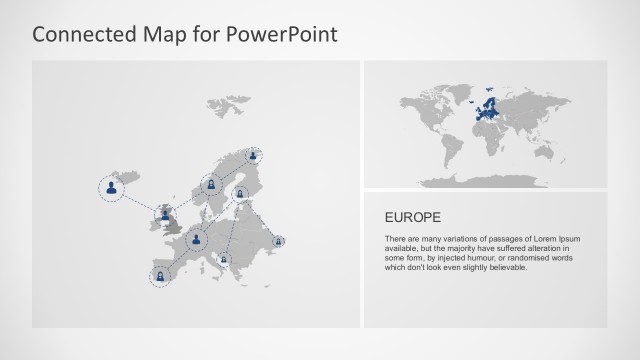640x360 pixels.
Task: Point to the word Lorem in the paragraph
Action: click(x=538, y=240)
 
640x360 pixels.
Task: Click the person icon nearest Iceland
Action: click(x=112, y=186)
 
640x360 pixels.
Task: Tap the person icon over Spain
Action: click(x=159, y=275)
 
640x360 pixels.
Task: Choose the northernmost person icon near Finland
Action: click(x=254, y=155)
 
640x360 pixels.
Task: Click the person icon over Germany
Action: click(x=197, y=239)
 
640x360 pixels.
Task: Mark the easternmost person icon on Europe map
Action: click(x=278, y=240)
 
